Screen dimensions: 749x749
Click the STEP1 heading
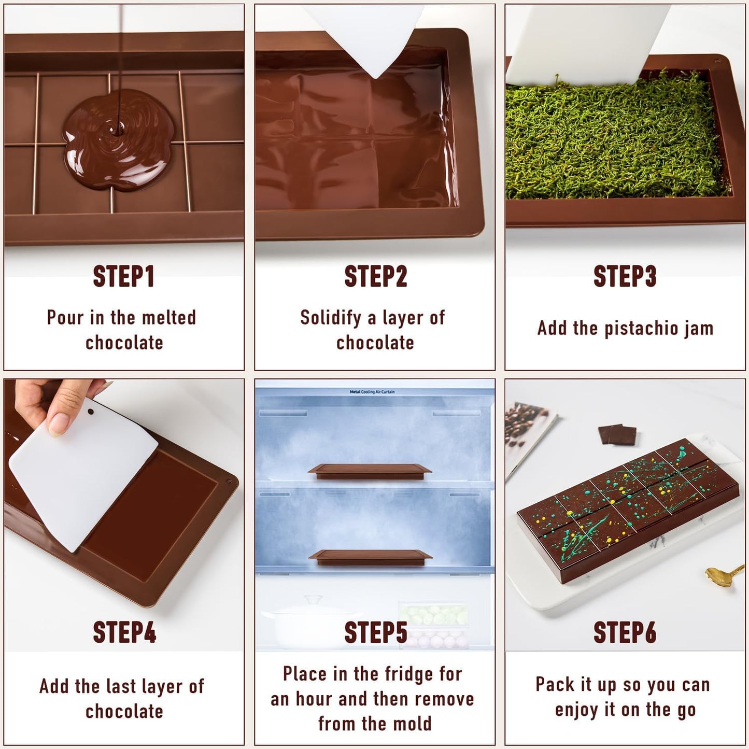point(123,276)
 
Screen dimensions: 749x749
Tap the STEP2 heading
point(375,276)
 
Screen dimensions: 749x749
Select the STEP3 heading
point(625,276)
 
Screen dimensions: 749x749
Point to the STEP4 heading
point(124,632)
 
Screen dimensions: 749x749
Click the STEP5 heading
point(375,632)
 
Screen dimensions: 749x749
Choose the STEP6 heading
point(625,632)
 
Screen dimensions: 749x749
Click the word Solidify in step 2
point(330,317)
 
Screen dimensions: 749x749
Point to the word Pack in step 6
point(555,684)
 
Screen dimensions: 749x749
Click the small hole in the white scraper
point(91,413)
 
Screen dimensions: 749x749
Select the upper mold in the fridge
point(370,471)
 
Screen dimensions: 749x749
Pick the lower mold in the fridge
point(370,557)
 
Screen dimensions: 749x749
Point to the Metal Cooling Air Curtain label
point(372,392)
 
